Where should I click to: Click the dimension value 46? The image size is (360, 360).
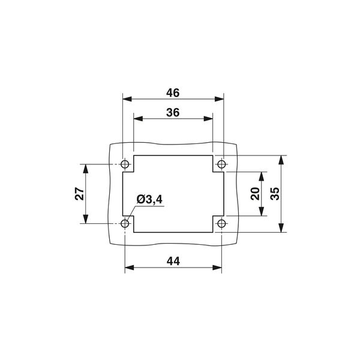173,93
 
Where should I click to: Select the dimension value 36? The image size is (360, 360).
173,112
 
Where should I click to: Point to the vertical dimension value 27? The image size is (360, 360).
78,194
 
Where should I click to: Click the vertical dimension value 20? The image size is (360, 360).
254,194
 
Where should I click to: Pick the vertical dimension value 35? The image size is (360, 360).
274,194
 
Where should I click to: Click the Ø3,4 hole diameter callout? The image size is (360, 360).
149,200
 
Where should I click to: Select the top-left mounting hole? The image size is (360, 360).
125,164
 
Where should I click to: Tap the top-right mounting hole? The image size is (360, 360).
221,164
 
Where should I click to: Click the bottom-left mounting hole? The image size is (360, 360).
125,224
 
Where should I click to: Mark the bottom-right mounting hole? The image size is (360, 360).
221,224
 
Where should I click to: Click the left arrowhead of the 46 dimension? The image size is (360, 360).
125,100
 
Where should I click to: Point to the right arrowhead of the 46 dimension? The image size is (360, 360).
220,100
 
